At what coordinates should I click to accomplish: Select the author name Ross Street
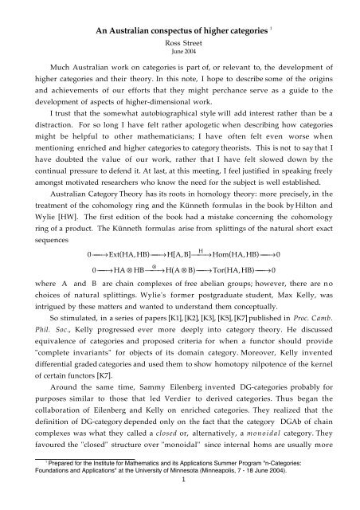coord(179,25)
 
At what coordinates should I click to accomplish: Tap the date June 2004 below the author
coord(179,34)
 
